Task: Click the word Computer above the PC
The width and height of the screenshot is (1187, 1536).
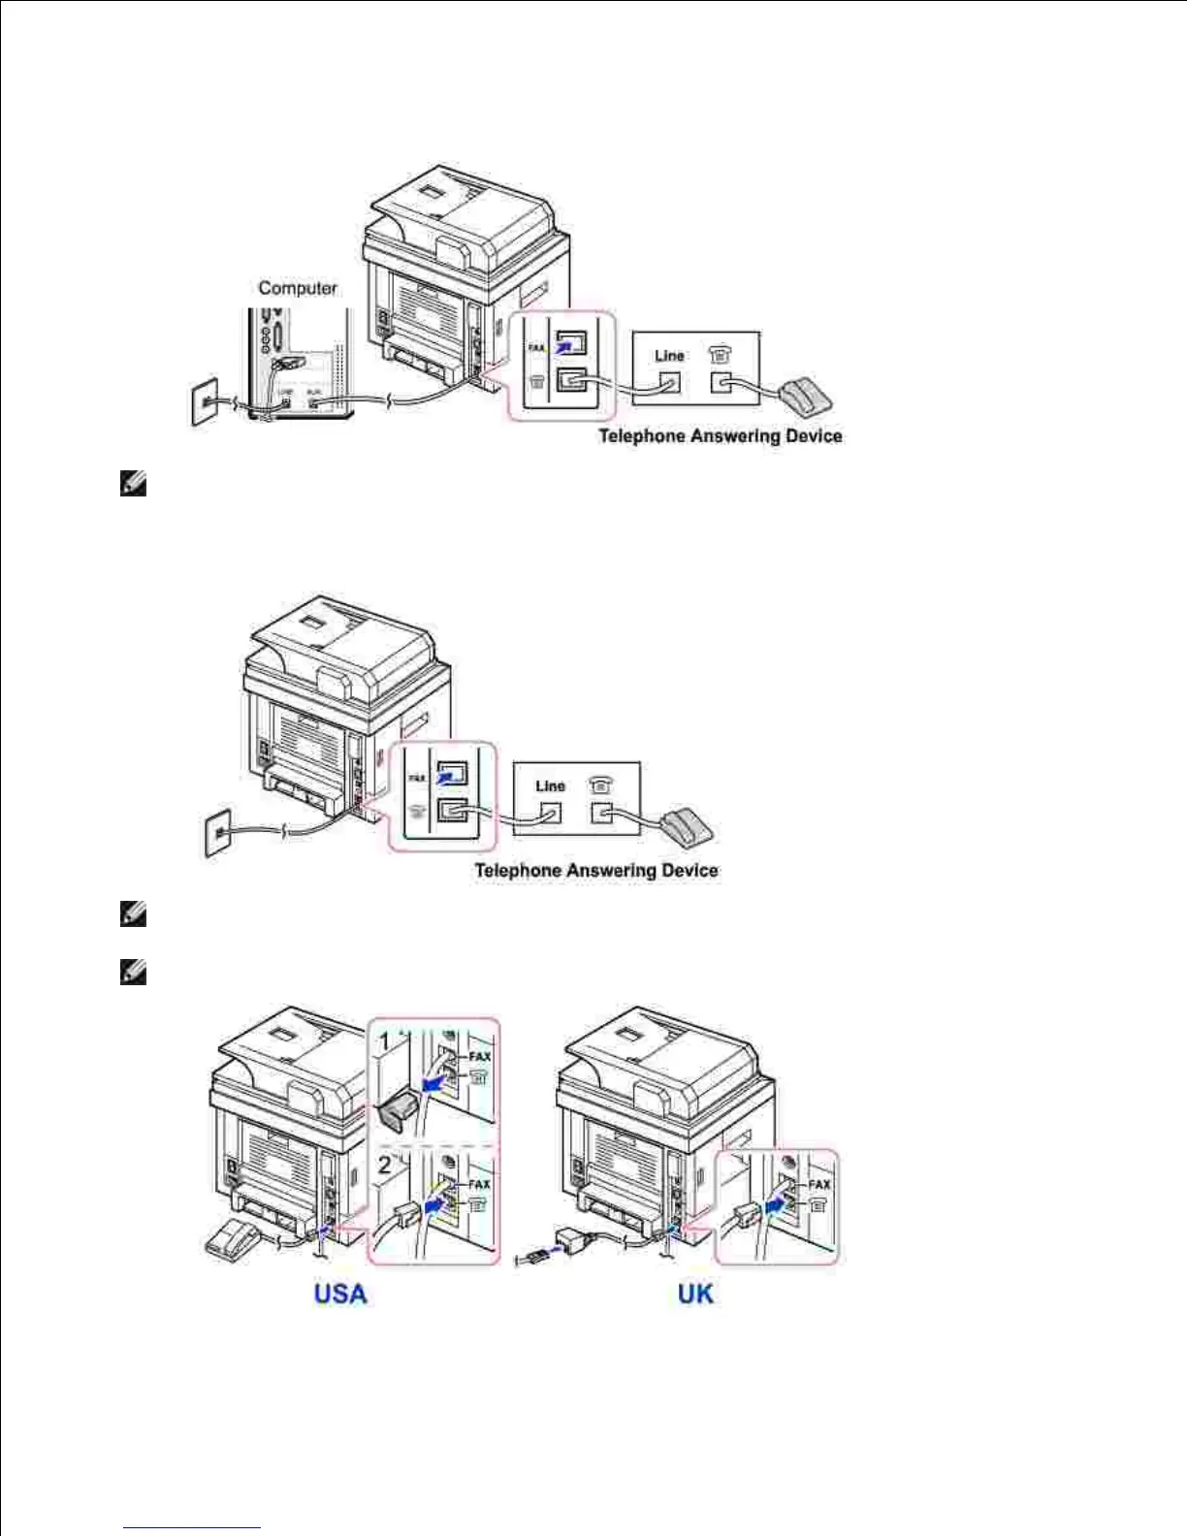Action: tap(298, 288)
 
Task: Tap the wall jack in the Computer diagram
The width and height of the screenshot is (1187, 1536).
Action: tap(204, 402)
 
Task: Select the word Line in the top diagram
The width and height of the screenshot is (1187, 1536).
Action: tap(669, 356)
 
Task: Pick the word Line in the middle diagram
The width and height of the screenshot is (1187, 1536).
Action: tap(550, 785)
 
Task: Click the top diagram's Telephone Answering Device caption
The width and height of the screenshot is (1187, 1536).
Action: tap(720, 436)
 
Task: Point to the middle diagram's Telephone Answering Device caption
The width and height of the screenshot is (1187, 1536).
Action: tap(596, 870)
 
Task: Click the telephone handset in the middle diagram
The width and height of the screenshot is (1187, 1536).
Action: tap(687, 825)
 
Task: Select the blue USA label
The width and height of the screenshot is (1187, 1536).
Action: tap(340, 1294)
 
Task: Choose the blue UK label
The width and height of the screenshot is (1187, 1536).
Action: tap(695, 1294)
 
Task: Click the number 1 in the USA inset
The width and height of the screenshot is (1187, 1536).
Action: tap(385, 1041)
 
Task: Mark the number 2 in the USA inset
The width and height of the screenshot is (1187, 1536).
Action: tap(385, 1165)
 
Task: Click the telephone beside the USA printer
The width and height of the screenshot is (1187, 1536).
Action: tap(233, 1240)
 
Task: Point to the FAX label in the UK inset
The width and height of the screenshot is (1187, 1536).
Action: tap(819, 1184)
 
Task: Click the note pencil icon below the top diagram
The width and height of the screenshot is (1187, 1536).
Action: tap(133, 483)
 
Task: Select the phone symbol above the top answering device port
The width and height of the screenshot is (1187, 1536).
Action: tap(720, 356)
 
